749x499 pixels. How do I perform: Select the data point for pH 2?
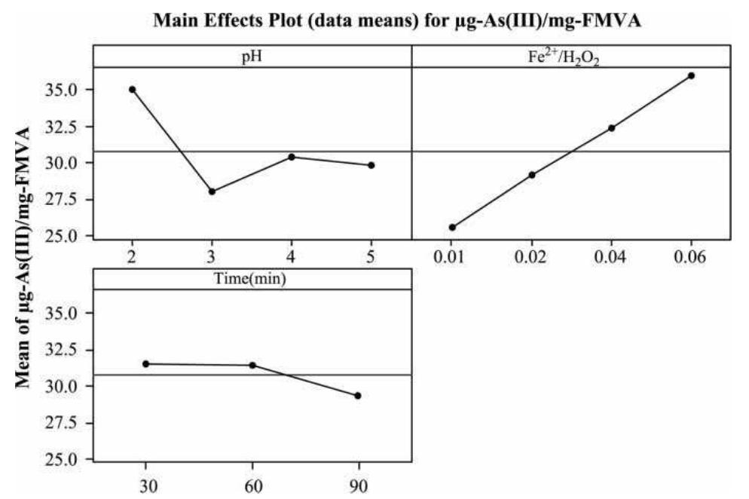click(133, 89)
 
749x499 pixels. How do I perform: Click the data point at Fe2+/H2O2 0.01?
click(452, 227)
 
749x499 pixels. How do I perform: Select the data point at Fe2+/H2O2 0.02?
click(532, 175)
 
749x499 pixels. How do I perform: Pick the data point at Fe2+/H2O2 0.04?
click(611, 128)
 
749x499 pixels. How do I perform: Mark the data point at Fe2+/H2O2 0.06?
click(691, 75)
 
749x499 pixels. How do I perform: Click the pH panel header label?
click(252, 57)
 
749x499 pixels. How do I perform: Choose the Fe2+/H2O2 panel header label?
click(571, 57)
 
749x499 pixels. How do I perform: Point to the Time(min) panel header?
click(252, 279)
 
